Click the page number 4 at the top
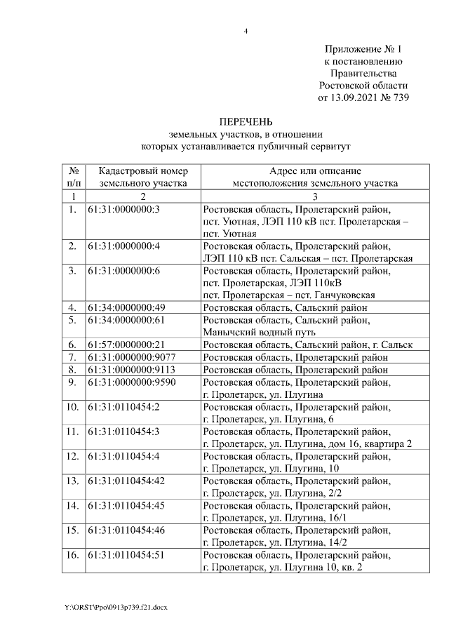pos(246,31)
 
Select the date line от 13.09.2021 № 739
pos(363,98)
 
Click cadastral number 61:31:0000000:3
pos(124,210)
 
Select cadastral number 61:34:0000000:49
pos(127,307)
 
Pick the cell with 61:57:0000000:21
pos(127,345)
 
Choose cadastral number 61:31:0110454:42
pos(127,481)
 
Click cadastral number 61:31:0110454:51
pos(127,555)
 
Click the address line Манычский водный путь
pos(259,332)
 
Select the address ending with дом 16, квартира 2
pos(307,443)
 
